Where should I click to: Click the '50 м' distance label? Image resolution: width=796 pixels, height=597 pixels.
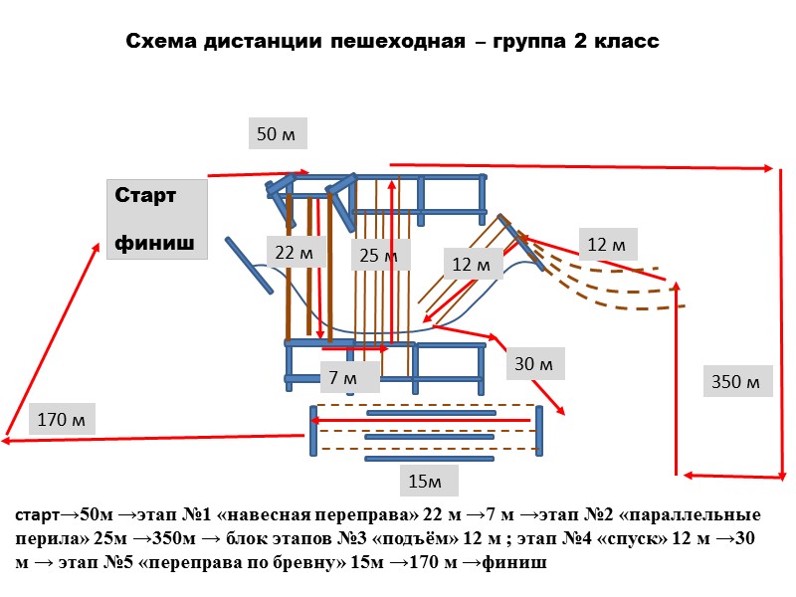(x=278, y=133)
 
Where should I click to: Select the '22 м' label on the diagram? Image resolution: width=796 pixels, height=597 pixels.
(x=294, y=253)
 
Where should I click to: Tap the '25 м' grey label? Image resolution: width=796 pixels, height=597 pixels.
(x=379, y=256)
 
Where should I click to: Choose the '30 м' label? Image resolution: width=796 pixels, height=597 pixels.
(x=534, y=365)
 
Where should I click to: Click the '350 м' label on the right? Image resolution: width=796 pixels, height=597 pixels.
(x=740, y=381)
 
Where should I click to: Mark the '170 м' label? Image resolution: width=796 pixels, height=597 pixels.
(x=61, y=419)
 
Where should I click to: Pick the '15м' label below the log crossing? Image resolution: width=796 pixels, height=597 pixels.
(x=429, y=482)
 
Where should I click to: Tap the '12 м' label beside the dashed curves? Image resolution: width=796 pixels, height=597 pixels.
(x=606, y=244)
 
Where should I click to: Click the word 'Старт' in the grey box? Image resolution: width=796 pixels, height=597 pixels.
(x=145, y=196)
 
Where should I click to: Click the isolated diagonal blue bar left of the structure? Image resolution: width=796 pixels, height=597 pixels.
(x=249, y=265)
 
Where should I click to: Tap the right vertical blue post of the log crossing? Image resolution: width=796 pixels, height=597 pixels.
(x=538, y=430)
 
